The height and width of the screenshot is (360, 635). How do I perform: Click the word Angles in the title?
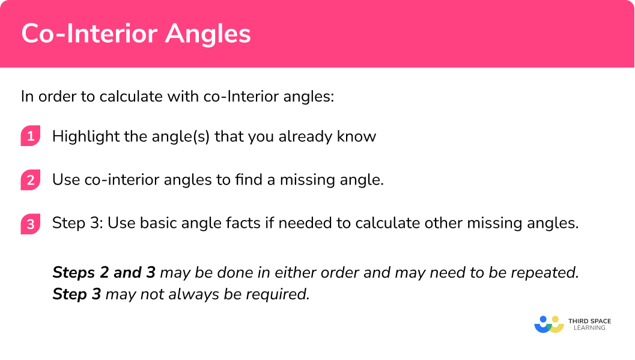pos(208,34)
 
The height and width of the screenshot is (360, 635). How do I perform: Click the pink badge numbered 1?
pos(31,136)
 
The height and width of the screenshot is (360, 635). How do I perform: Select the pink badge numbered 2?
pos(31,179)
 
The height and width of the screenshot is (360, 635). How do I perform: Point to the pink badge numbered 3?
pos(31,224)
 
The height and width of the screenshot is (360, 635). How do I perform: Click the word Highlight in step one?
pos(86,137)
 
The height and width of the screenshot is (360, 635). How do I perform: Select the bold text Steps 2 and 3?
pos(104,272)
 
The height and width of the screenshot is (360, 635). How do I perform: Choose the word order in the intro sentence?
pos(57,97)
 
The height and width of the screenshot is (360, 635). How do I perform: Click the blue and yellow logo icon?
pos(549,325)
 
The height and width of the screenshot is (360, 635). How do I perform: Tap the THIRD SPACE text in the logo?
pos(590,321)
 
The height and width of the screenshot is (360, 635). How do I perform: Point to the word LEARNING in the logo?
pos(590,328)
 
